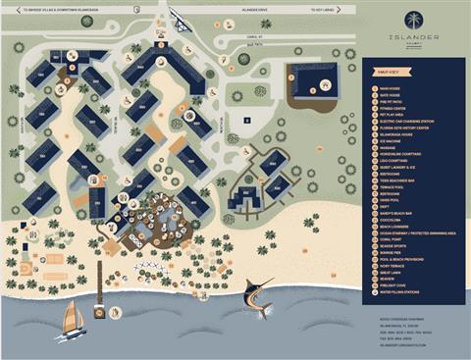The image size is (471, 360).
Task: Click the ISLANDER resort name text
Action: click(x=413, y=38)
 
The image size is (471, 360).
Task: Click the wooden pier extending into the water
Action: click(x=100, y=307)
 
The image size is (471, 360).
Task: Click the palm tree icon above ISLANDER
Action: click(x=413, y=20)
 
